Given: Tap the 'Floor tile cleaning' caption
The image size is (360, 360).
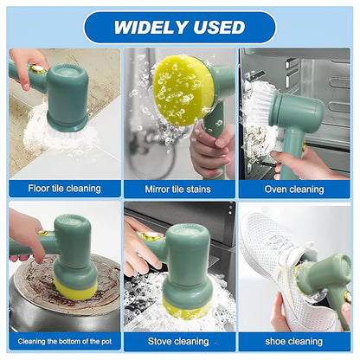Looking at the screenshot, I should [x=64, y=188].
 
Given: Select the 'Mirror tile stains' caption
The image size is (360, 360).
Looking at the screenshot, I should [x=179, y=188].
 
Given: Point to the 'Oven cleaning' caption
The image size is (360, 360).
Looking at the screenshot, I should [x=294, y=188].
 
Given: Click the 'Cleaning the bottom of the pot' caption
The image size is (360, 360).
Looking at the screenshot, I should [x=64, y=342].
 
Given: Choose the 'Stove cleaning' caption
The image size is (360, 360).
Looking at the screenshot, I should [x=179, y=342].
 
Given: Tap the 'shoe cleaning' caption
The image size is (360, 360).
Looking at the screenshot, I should [x=294, y=342].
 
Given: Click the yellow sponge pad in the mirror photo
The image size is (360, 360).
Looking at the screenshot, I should [x=183, y=88].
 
